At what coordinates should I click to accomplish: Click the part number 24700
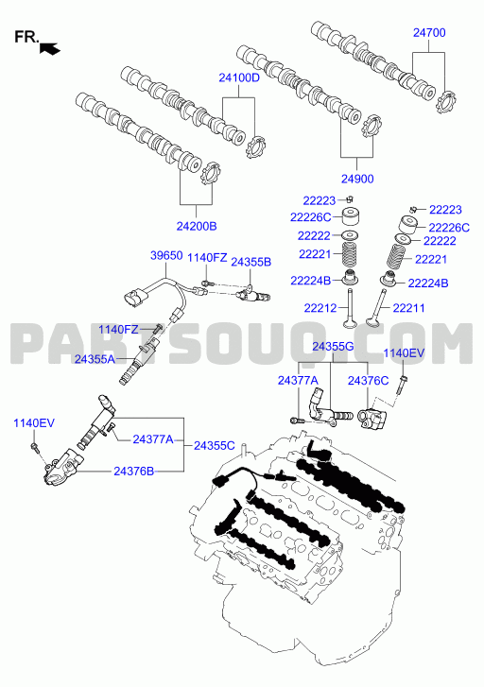pyautogui.click(x=429, y=33)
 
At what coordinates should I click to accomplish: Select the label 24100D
pyautogui.click(x=239, y=78)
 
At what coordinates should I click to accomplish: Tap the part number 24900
pyautogui.click(x=357, y=179)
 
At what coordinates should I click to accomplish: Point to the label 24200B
pyautogui.click(x=197, y=227)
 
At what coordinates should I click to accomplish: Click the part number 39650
pyautogui.click(x=166, y=255)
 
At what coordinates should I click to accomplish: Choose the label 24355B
pyautogui.click(x=251, y=262)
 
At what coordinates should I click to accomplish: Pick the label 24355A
pyautogui.click(x=95, y=359)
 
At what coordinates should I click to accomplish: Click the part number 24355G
pyautogui.click(x=333, y=347)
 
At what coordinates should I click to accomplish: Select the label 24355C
pyautogui.click(x=215, y=446)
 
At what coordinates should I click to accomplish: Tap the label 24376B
pyautogui.click(x=133, y=472)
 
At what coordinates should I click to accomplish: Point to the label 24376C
pyautogui.click(x=368, y=381)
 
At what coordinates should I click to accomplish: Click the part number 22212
pyautogui.click(x=320, y=308)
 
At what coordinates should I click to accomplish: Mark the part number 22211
pyautogui.click(x=408, y=308)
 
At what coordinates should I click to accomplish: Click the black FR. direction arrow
pyautogui.click(x=49, y=48)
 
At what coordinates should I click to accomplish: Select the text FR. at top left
pyautogui.click(x=26, y=37)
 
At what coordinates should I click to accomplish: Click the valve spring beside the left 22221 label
pyautogui.click(x=351, y=253)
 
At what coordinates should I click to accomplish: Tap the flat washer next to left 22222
pyautogui.click(x=351, y=235)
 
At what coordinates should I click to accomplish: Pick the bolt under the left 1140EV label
pyautogui.click(x=35, y=448)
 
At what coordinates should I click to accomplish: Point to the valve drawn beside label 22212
pyautogui.click(x=350, y=308)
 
